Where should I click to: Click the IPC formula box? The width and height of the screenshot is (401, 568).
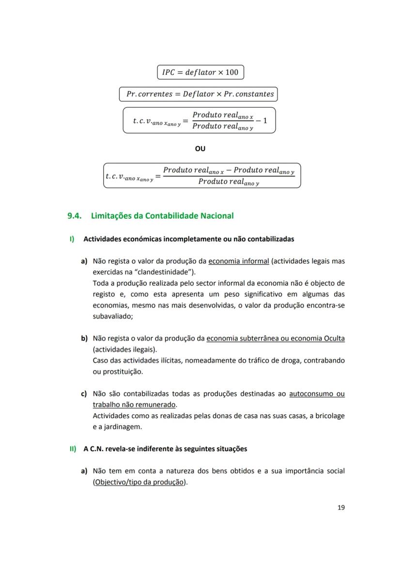(200, 72)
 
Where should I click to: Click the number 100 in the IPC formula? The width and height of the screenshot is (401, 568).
(231, 72)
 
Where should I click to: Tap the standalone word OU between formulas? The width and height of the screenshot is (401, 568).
(200, 148)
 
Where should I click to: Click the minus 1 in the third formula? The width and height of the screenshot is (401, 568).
(262, 120)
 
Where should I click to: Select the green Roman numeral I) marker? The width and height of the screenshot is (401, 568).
(72, 239)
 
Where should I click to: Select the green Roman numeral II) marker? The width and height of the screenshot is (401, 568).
(73, 449)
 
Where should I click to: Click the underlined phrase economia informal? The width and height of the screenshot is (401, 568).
(238, 261)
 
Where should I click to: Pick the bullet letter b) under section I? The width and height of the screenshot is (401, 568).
(84, 338)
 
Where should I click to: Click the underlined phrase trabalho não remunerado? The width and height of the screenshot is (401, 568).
(135, 405)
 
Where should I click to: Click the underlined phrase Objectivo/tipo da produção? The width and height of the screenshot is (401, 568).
(140, 482)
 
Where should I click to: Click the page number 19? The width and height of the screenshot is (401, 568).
(341, 508)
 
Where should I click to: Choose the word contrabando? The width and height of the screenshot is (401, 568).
(324, 360)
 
